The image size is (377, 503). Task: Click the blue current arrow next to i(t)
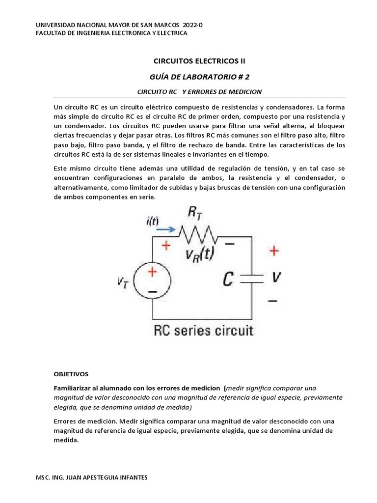[x=165, y=229]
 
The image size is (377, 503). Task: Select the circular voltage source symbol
[x=153, y=280]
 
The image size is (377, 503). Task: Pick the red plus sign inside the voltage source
[x=153, y=271]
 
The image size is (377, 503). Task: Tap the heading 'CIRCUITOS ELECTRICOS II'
[x=199, y=61]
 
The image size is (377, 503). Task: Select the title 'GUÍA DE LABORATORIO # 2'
[x=199, y=77]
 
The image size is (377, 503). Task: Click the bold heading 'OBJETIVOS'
[x=72, y=374]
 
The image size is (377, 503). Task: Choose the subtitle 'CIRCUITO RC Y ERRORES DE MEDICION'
[x=199, y=92]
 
